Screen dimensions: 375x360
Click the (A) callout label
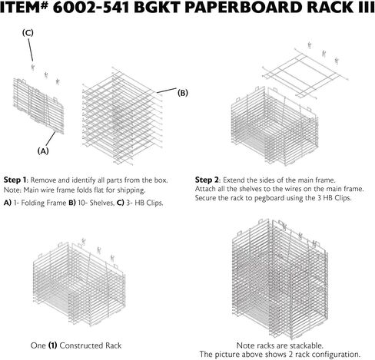(43, 151)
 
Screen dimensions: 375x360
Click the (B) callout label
(183, 93)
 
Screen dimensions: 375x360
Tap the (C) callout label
(28, 33)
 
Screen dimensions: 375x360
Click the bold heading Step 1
(15, 180)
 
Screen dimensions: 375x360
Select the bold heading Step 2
(207, 180)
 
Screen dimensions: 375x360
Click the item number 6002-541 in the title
(91, 8)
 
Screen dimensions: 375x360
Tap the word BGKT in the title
(157, 8)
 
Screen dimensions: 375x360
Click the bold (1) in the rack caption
(52, 345)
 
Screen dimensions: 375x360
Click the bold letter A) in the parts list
(8, 203)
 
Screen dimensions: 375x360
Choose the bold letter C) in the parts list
(121, 203)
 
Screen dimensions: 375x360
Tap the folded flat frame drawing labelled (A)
(38, 106)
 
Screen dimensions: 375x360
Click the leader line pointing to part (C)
(30, 50)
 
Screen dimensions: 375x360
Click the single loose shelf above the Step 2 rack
(305, 73)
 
